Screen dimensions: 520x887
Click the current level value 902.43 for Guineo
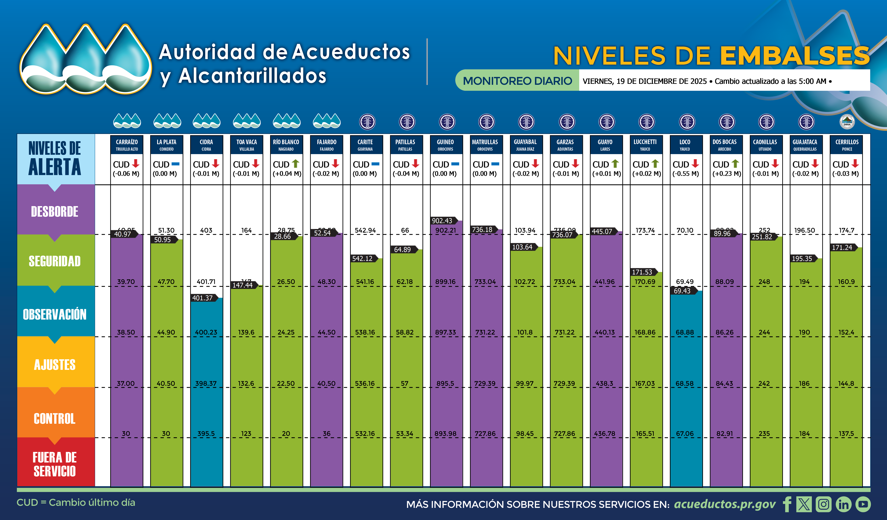[x=442, y=221]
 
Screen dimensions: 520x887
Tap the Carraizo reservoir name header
[x=127, y=145]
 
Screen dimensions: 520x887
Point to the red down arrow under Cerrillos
[x=855, y=164]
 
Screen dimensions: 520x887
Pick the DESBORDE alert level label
[x=55, y=211]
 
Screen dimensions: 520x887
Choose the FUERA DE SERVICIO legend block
[x=55, y=464]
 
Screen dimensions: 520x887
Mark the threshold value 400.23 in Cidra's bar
[x=206, y=332]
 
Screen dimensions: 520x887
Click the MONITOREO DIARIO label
[x=517, y=81]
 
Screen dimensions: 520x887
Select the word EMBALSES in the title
[x=794, y=56]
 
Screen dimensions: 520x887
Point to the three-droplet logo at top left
[x=85, y=59]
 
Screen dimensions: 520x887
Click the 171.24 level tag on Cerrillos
[x=842, y=247]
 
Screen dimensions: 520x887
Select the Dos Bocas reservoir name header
[x=725, y=145]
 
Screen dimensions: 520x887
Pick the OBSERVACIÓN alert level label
[x=55, y=314]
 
